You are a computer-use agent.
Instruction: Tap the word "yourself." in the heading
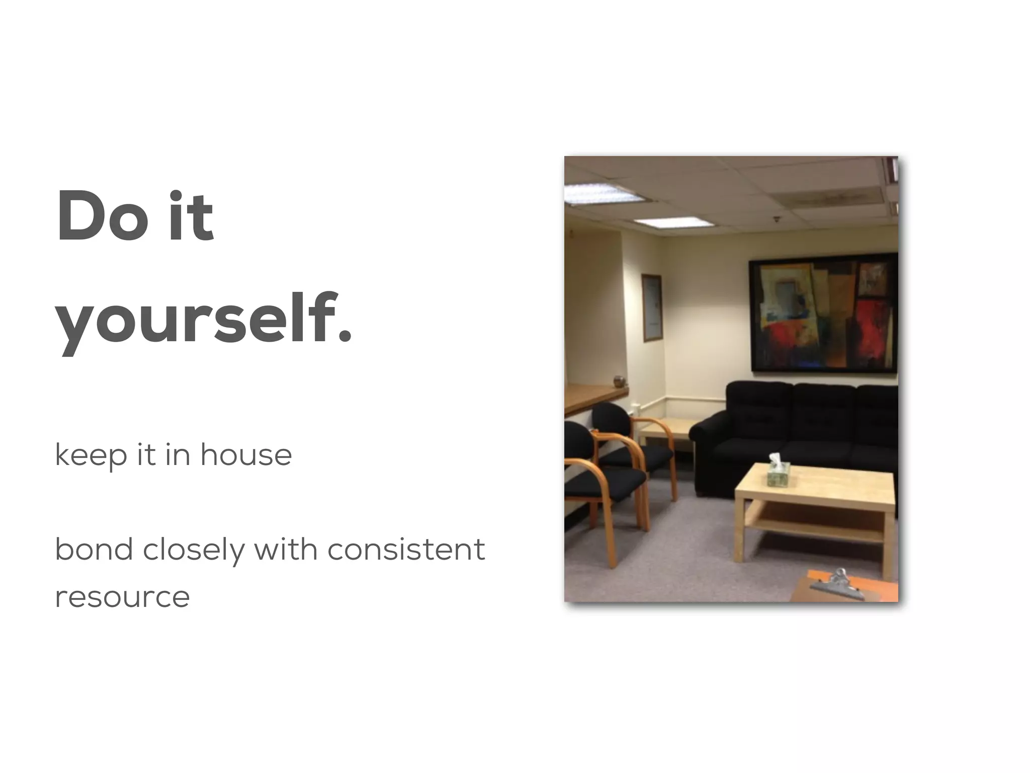(203, 320)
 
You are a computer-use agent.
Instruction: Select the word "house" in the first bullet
(246, 455)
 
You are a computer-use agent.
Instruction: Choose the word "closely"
(193, 550)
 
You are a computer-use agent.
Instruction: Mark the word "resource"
(122, 597)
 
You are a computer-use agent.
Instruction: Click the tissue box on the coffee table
(778, 472)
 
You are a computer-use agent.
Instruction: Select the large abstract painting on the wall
(823, 313)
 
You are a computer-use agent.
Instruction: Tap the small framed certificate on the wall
(651, 308)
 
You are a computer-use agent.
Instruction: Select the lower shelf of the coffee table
(815, 526)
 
